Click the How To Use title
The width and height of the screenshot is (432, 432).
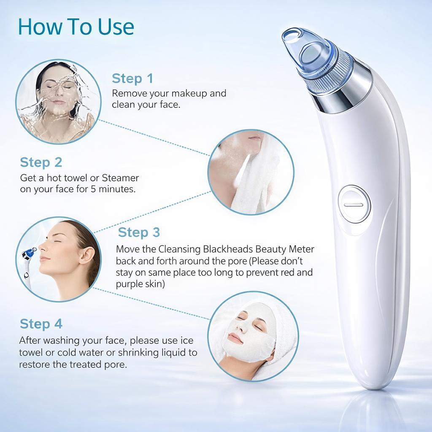(x=76, y=27)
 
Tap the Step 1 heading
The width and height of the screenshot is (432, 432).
(x=132, y=78)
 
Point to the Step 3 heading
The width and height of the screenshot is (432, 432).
(x=139, y=232)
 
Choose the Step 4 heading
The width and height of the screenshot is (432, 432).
(x=41, y=324)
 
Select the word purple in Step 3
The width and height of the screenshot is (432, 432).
(x=129, y=284)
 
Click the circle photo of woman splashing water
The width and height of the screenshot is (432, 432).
(x=58, y=101)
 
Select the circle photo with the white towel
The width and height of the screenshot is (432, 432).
(x=251, y=172)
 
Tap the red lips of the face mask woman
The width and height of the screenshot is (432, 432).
(x=235, y=338)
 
